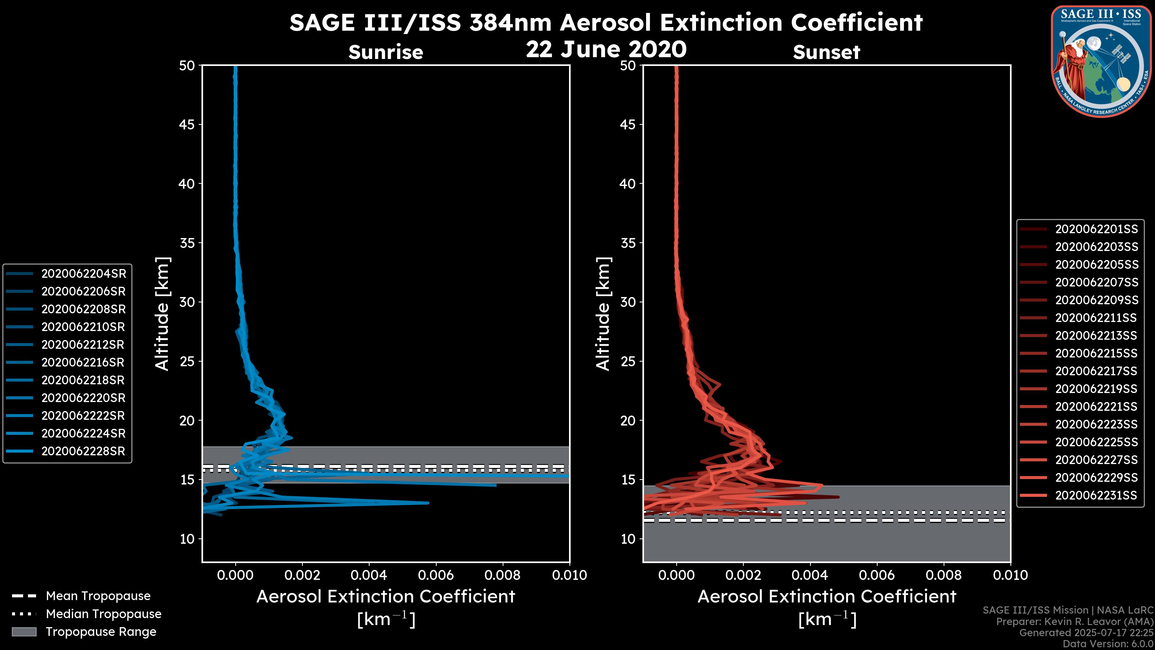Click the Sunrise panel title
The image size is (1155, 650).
tap(386, 52)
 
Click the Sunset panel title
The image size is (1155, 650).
tap(826, 52)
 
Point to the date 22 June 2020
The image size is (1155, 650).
tap(606, 49)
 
